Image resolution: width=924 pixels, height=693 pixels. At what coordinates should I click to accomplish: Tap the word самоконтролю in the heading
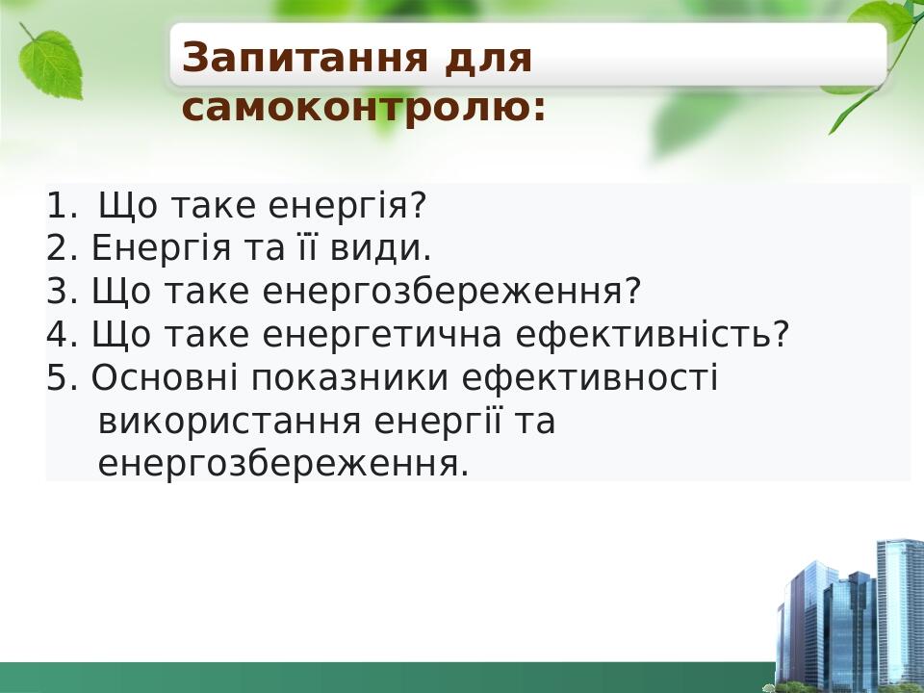[x=363, y=107]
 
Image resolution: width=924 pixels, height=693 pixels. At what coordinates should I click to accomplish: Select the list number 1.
[x=60, y=206]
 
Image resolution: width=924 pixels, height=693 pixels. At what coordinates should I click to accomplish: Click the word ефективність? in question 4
[x=654, y=335]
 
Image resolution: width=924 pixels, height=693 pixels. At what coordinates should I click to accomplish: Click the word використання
[x=230, y=422]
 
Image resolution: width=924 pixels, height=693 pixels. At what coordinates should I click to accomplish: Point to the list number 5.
[x=62, y=378]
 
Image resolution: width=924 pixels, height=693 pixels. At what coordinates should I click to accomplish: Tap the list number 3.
[x=62, y=292]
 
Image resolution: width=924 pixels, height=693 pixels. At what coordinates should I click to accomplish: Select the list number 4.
[x=62, y=335]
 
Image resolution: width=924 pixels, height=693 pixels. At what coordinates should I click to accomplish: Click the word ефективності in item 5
[x=590, y=378]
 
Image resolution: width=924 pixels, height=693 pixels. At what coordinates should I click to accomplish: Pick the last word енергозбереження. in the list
[x=283, y=465]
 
